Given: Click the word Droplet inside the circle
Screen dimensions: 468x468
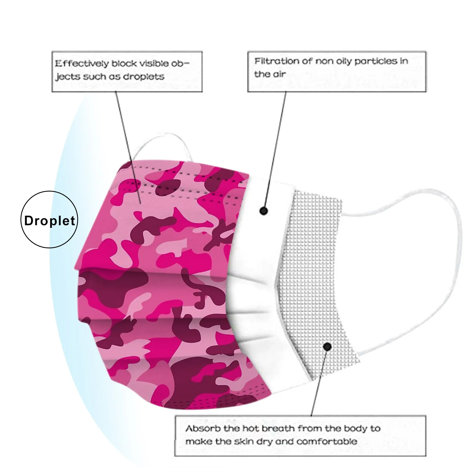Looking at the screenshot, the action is click(49, 221).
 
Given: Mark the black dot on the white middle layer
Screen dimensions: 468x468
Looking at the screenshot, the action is click(264, 211).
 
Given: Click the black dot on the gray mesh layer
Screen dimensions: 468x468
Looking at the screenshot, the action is click(328, 347).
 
